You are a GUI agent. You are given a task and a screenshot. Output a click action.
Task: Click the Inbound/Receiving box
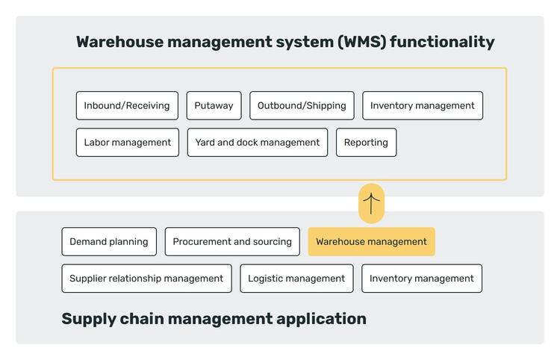click(x=127, y=105)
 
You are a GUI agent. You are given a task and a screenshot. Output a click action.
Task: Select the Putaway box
click(x=214, y=105)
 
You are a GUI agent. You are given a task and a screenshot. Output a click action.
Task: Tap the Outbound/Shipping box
click(x=302, y=105)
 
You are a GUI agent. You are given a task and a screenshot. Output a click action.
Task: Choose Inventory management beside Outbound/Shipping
click(x=422, y=105)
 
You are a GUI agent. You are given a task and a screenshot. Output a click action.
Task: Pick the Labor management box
click(x=127, y=142)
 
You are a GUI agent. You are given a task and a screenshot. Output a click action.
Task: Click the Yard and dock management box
click(x=257, y=142)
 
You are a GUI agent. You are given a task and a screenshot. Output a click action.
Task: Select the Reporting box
click(x=366, y=142)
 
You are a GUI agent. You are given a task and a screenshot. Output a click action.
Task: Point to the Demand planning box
click(x=109, y=241)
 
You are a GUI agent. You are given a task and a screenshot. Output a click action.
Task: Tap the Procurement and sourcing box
click(x=232, y=241)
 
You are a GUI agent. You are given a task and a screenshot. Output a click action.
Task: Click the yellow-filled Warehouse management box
click(x=371, y=241)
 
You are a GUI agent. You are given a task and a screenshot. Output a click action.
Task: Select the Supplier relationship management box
click(x=146, y=278)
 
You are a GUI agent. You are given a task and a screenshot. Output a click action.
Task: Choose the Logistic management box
click(x=296, y=278)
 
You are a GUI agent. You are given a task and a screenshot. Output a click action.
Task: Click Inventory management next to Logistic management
click(x=421, y=278)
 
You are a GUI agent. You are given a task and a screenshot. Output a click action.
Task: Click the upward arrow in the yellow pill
click(x=371, y=203)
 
